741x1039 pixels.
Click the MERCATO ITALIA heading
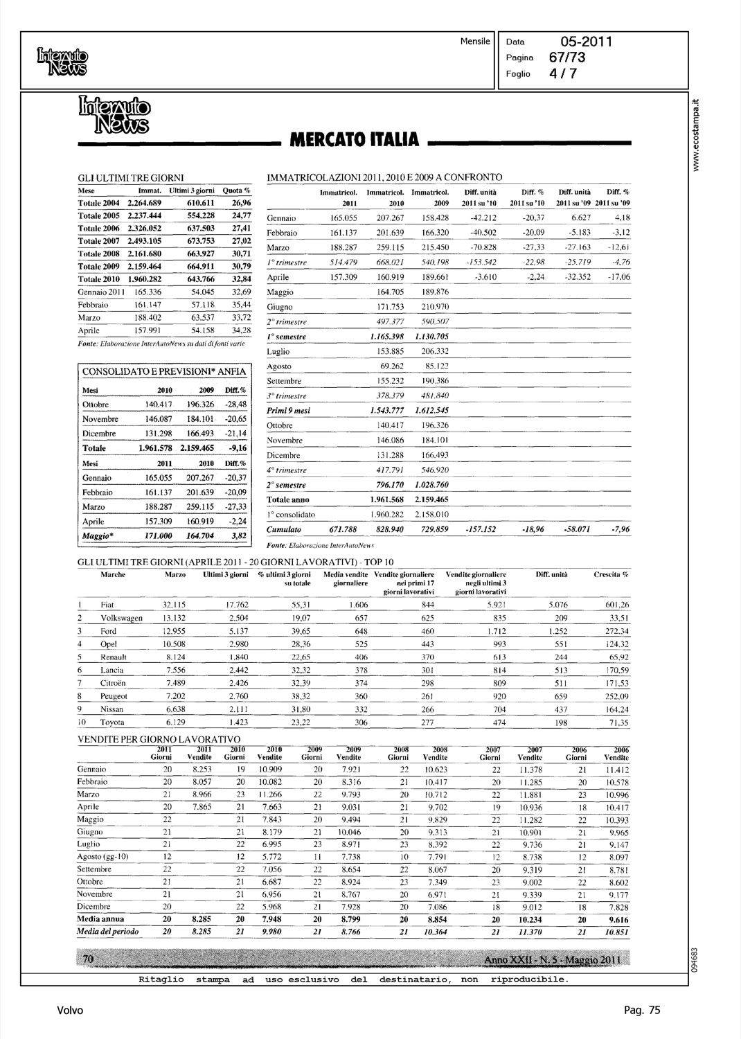[x=354, y=141]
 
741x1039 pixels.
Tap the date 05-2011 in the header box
[x=586, y=41]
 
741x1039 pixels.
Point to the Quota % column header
[x=236, y=190]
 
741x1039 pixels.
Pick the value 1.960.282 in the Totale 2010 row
[x=145, y=279]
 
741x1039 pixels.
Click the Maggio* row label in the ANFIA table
[x=98, y=536]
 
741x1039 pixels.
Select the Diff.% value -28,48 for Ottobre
[x=235, y=405]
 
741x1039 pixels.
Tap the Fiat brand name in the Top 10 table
[x=107, y=605]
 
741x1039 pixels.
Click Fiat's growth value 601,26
[x=615, y=605]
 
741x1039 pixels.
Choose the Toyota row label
[x=112, y=722]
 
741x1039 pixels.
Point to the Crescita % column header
[x=611, y=574]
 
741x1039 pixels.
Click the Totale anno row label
[x=288, y=499]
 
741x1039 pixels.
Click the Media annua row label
[x=101, y=919]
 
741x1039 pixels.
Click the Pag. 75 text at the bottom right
[x=642, y=1011]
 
